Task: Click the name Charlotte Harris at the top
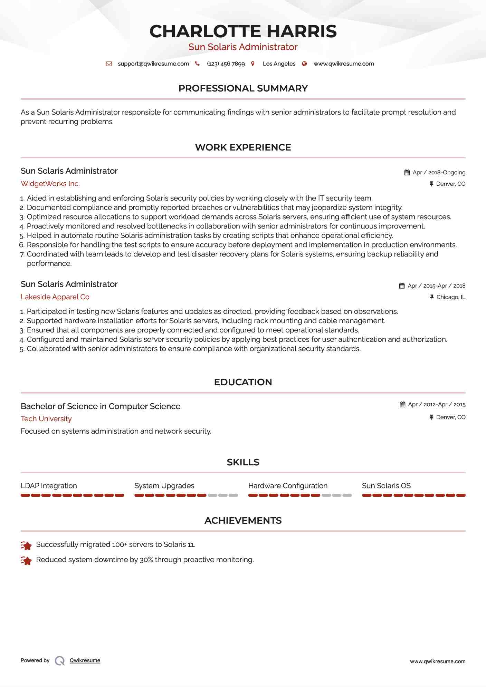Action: click(243, 31)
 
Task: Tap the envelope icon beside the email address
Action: click(109, 64)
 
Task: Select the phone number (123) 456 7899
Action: click(226, 64)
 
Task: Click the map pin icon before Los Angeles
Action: click(253, 64)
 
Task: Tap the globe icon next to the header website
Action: click(304, 64)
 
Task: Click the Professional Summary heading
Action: click(243, 88)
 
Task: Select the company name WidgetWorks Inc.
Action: click(50, 184)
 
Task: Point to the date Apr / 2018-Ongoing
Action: click(439, 172)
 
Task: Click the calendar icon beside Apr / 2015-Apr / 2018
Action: click(402, 286)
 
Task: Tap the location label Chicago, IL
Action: click(450, 297)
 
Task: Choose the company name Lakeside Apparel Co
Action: click(55, 297)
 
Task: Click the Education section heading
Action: click(243, 382)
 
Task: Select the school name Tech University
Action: click(46, 419)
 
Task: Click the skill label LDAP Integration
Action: click(49, 486)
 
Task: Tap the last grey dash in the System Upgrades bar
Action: click(234, 495)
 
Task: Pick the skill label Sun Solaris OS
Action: click(386, 486)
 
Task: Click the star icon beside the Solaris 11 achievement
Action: click(26, 545)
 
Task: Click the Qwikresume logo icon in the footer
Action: click(59, 661)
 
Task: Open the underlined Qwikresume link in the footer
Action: click(85, 660)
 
